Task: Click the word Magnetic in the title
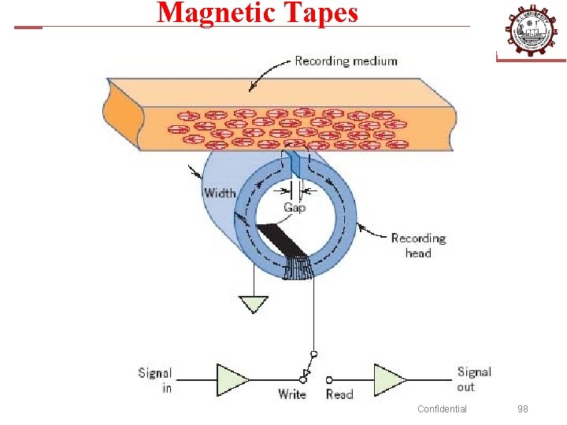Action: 208,13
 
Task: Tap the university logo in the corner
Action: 530,30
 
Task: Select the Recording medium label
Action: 346,61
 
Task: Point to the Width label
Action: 220,193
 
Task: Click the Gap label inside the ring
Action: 294,207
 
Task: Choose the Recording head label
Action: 418,245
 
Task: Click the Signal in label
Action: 155,380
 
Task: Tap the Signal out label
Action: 474,379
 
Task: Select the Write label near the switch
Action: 292,394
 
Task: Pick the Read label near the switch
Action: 339,394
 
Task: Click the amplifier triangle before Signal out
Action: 390,379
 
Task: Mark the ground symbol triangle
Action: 253,303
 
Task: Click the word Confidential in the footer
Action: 442,408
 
